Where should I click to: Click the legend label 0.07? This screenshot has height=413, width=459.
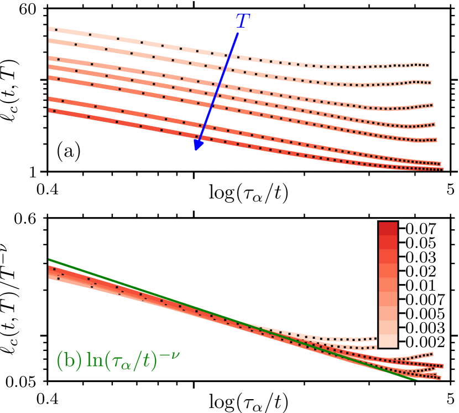coord(421,229)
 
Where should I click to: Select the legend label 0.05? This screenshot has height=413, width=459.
coord(421,243)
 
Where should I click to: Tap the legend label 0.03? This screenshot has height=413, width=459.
coord(421,257)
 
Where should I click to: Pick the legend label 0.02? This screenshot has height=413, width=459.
coord(421,271)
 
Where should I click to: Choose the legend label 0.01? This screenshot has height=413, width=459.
coord(421,286)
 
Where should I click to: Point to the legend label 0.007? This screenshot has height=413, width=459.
coord(424,300)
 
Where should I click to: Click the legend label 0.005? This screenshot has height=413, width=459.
coord(424,314)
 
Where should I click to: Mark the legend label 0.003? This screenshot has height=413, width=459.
coord(424,328)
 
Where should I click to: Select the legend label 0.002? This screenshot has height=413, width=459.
coord(424,342)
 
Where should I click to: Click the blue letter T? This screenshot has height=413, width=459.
coord(242,22)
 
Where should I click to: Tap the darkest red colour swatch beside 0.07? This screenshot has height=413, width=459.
coord(388,229)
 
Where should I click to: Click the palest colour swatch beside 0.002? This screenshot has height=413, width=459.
coord(388,342)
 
